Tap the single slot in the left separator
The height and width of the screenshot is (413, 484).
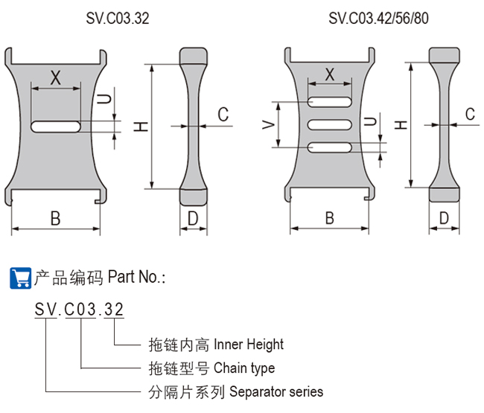[x=57, y=127]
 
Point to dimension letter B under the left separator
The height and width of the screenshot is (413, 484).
[x=55, y=218]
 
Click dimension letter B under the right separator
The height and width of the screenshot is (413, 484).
[x=329, y=218]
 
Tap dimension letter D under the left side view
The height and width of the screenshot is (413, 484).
[x=193, y=218]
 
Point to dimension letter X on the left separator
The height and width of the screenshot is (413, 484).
[x=54, y=77]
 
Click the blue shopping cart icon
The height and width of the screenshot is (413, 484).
[x=19, y=278]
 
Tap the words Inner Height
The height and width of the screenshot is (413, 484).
[x=249, y=345]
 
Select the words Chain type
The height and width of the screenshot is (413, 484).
[x=244, y=368]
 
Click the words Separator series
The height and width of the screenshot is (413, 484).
[x=277, y=391]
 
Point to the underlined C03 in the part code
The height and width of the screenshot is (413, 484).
[x=81, y=310]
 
